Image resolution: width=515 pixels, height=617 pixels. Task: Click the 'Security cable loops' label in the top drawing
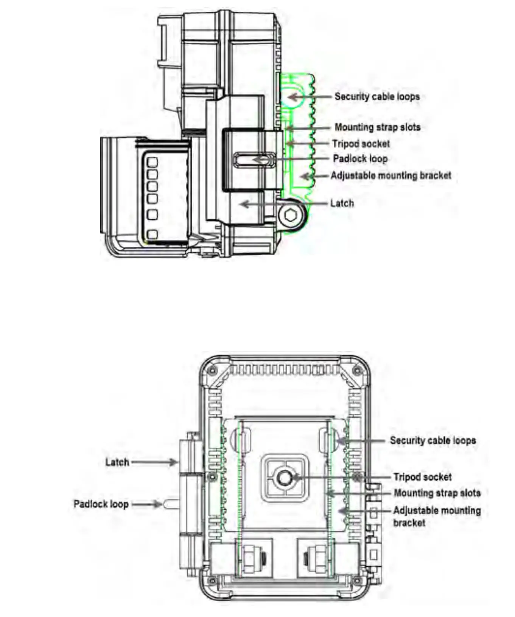tap(377, 97)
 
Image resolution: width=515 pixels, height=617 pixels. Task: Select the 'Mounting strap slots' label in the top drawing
tap(377, 127)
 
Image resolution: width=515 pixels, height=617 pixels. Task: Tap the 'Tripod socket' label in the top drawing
tap(361, 144)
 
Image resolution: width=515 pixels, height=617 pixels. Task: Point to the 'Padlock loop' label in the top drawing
tap(360, 159)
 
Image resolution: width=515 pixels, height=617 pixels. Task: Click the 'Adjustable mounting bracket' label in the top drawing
tap(391, 175)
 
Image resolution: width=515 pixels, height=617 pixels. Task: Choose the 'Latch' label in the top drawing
tap(342, 203)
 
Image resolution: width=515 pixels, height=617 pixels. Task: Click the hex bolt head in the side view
tap(291, 216)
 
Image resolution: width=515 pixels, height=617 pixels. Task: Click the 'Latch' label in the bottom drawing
tap(117, 462)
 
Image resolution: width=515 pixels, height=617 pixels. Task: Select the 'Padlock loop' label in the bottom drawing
tap(101, 504)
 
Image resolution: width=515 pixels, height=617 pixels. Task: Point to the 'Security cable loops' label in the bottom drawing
tap(433, 440)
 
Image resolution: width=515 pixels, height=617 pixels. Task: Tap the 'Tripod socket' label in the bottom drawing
tap(422, 477)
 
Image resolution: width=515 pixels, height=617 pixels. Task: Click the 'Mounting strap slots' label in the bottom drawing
tap(437, 493)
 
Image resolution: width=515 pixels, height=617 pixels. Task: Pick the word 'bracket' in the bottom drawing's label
tap(409, 523)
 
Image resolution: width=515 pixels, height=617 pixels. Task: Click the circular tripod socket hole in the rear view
tap(284, 477)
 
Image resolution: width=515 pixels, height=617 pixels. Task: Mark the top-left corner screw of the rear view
tap(212, 369)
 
